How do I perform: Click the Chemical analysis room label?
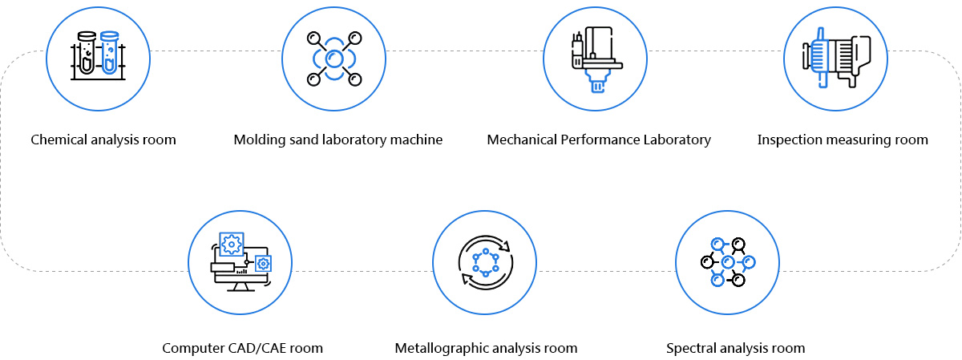(x=103, y=140)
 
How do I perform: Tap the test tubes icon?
(x=98, y=56)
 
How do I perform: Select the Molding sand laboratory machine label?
(x=338, y=140)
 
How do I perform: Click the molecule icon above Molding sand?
(x=334, y=59)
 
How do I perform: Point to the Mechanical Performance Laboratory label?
(x=599, y=140)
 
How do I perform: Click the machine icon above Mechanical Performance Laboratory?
(x=596, y=59)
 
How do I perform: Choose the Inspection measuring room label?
(x=843, y=140)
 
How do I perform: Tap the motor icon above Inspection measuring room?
(x=836, y=58)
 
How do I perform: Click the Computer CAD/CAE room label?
(x=242, y=348)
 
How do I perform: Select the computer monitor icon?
(x=241, y=262)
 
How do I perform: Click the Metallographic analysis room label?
(x=486, y=348)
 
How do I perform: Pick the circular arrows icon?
(x=486, y=262)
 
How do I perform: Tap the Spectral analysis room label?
(x=735, y=348)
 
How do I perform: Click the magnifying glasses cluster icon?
(x=728, y=262)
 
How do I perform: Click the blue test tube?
(x=110, y=52)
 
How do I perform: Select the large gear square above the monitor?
(x=232, y=245)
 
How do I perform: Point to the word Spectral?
(x=691, y=348)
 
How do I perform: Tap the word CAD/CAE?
(x=257, y=348)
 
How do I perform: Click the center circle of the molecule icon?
(x=334, y=59)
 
